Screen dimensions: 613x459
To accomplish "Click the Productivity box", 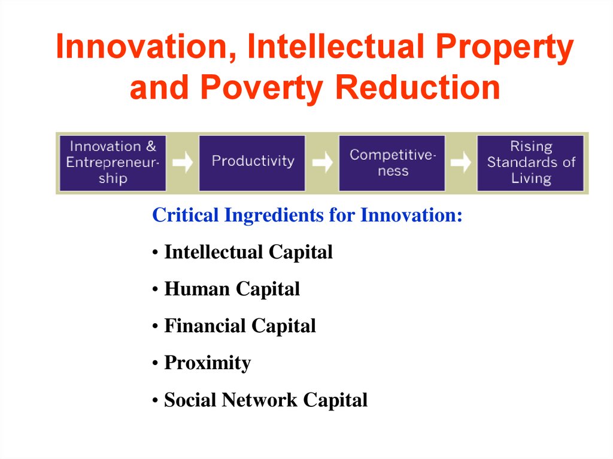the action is [x=252, y=163].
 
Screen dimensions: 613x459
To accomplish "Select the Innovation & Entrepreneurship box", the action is [x=113, y=163].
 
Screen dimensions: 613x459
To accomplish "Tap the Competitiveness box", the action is [x=392, y=163].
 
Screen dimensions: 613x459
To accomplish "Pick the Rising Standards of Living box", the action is [x=530, y=163].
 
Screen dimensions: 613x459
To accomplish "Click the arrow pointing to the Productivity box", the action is [x=183, y=162].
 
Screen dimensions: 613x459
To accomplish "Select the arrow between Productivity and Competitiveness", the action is [x=322, y=162].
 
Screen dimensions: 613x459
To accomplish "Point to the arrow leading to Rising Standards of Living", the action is [x=461, y=162].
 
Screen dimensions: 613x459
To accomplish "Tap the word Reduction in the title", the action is [x=418, y=87].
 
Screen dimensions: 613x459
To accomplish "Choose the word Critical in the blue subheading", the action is [x=186, y=215].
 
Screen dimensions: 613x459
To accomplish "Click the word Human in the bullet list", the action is [x=197, y=289].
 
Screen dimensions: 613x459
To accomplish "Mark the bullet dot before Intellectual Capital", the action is [x=155, y=253].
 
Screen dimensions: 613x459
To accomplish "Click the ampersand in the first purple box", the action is [x=151, y=146].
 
